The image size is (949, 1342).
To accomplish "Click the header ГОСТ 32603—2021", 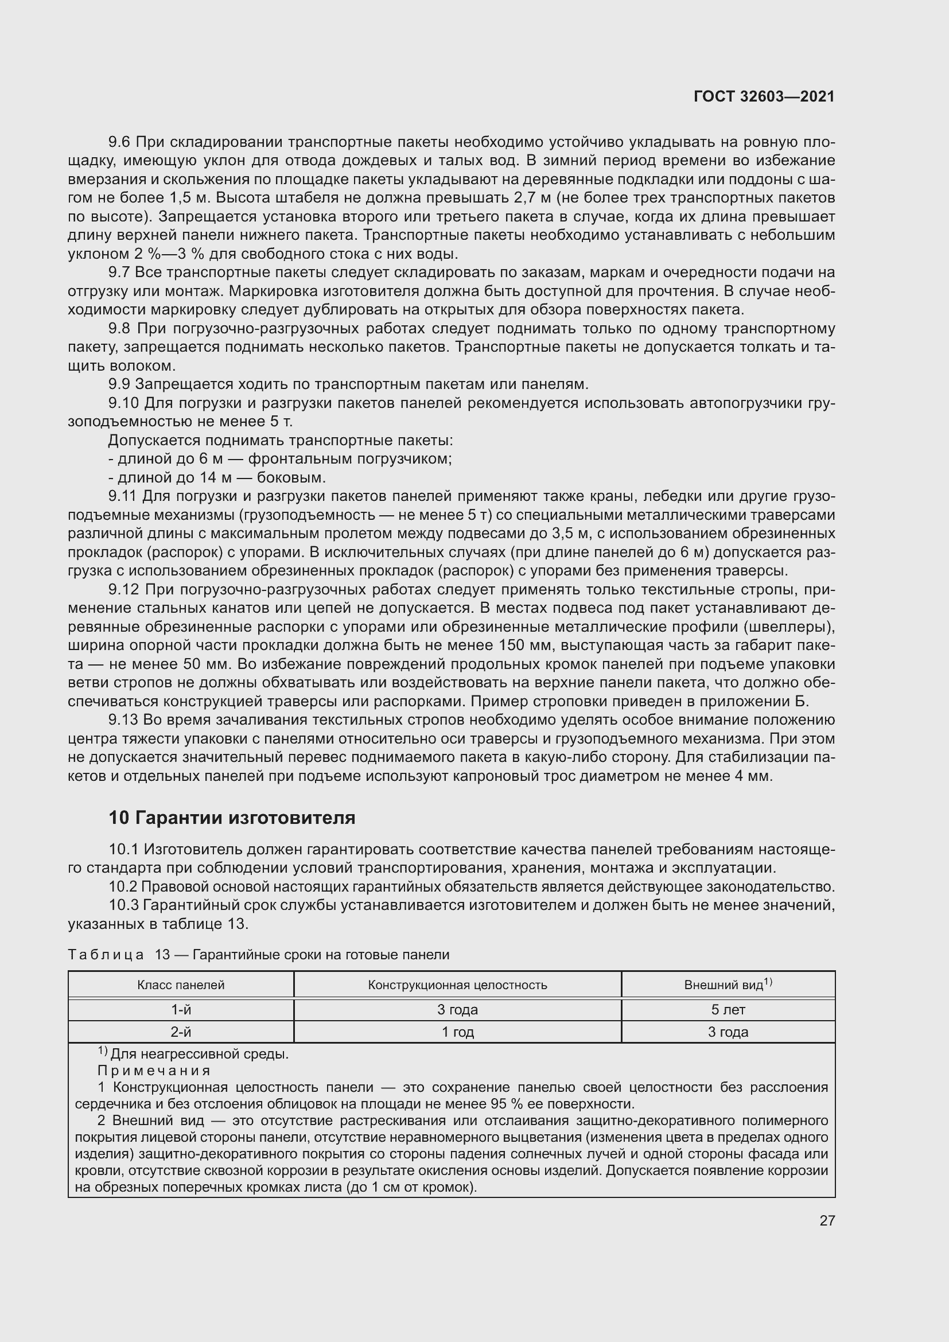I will coord(764,96).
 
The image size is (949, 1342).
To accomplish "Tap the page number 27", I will coord(827,1220).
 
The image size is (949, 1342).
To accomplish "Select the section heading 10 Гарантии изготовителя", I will coord(231,817).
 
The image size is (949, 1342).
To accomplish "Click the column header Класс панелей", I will coord(181,985).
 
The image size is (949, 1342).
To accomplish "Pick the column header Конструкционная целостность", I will coord(457,985).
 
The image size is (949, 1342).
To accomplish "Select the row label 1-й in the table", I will coord(181,1009).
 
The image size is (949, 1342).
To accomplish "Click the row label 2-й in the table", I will coord(181,1032).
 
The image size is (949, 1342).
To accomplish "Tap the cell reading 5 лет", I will coord(728,1009).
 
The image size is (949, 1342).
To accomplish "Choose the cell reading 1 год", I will coord(457,1032).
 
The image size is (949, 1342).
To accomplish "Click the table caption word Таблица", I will coord(106,955).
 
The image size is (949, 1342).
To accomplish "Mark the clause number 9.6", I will coord(121,142).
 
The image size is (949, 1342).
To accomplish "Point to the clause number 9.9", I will coord(121,384).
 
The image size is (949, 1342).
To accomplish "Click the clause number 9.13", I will coord(125,719).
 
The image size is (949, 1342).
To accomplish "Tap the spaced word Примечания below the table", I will coord(154,1071).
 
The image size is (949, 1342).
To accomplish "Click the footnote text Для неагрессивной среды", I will coord(199,1055).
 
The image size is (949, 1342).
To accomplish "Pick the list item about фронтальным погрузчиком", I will coord(281,459).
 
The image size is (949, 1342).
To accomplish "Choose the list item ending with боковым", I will coord(217,477).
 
